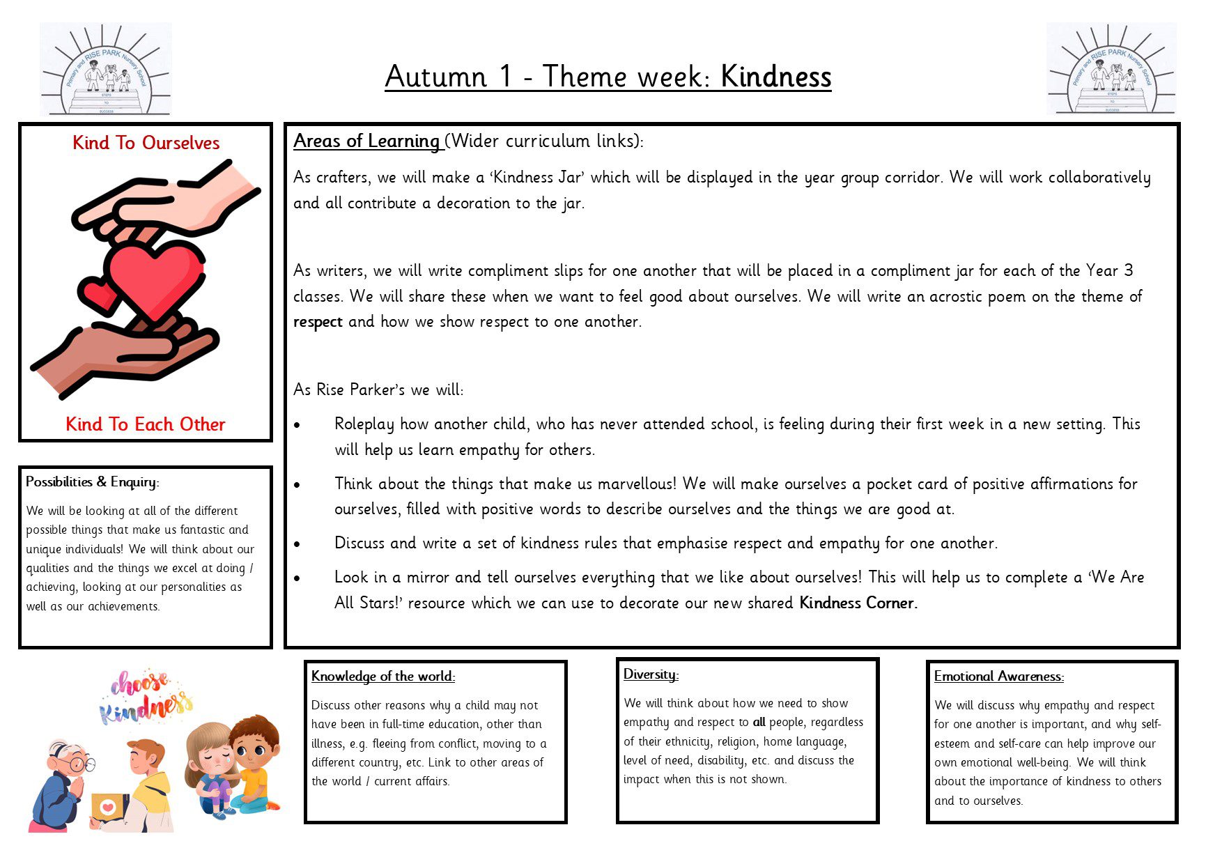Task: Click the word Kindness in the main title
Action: tap(775, 77)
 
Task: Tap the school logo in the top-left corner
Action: tap(105, 69)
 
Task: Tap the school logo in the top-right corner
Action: tap(1111, 69)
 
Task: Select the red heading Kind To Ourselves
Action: tap(146, 143)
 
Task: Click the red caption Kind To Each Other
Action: tap(146, 424)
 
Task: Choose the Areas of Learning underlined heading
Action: tap(366, 141)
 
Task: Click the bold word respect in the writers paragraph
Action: tap(318, 322)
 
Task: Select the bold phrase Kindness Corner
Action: tap(858, 603)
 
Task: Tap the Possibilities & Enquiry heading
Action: tap(93, 482)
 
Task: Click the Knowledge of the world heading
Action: tap(382, 677)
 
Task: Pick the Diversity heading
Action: tap(651, 674)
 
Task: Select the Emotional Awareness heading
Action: tap(998, 677)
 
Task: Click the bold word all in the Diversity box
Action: tap(759, 723)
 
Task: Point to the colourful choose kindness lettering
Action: tap(145, 695)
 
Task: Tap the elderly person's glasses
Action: tap(82, 764)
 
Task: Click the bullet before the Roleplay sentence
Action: tap(297, 425)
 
